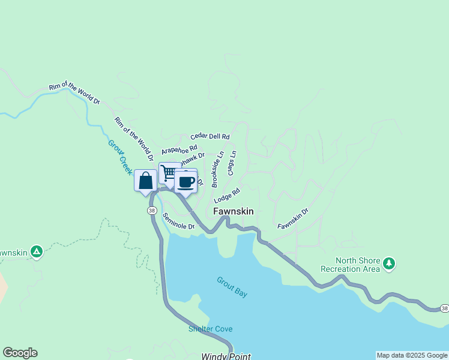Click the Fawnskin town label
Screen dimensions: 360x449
click(234, 211)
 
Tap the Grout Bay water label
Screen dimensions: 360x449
click(232, 287)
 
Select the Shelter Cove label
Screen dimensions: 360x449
click(210, 329)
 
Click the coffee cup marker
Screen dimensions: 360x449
click(186, 181)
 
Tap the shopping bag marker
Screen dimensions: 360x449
click(145, 181)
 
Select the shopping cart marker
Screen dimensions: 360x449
click(169, 173)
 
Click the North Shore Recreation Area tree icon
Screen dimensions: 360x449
click(389, 263)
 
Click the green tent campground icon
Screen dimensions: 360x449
click(37, 252)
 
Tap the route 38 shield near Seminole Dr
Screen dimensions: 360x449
click(152, 211)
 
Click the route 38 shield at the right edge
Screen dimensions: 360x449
click(444, 308)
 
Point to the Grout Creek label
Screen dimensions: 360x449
click(119, 157)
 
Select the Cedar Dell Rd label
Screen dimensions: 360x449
click(210, 136)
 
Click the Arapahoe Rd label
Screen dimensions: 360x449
click(179, 149)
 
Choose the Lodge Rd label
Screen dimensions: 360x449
click(226, 196)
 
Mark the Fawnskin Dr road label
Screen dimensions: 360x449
click(293, 218)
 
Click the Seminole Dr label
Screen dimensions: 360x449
click(178, 222)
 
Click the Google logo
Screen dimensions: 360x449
click(20, 353)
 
